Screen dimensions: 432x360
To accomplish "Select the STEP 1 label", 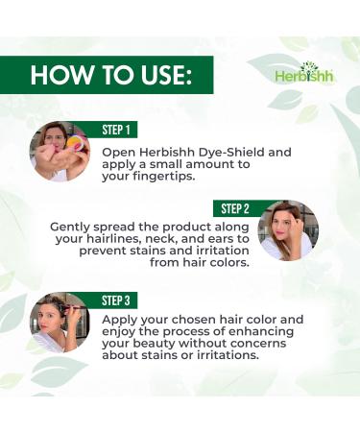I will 119,129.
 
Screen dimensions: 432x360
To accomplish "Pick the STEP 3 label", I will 119,299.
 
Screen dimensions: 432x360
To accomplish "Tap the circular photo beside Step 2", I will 289,230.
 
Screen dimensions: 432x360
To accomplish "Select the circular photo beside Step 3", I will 60,322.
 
